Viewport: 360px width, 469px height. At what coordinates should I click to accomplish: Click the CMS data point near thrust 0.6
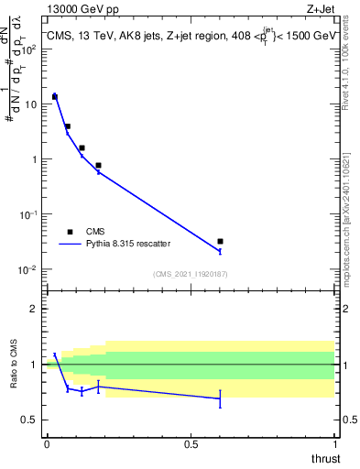[220, 241]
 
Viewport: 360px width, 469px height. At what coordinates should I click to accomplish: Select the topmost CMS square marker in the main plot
[54, 96]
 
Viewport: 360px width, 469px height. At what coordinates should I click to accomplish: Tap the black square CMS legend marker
[70, 232]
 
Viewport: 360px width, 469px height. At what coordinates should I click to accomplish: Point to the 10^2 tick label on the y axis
[30, 49]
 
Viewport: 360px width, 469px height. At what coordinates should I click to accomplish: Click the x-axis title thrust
[325, 457]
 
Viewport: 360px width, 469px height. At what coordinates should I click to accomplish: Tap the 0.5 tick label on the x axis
[191, 444]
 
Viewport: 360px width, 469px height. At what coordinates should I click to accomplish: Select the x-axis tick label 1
[334, 444]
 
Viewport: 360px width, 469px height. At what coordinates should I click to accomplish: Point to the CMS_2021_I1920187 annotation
[190, 274]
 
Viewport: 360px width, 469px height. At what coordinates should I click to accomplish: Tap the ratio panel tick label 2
[34, 309]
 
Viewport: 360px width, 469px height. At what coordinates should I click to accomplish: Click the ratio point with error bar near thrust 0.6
[220, 398]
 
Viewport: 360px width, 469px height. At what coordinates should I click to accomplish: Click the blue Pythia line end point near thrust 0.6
[220, 251]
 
